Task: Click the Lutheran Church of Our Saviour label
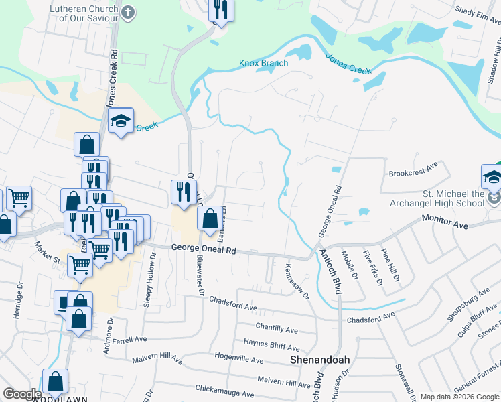coord(84,13)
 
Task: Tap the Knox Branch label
coord(264,64)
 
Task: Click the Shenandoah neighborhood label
coord(320,360)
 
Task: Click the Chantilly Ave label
coord(277,329)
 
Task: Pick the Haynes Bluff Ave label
coord(271,346)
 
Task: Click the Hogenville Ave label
coord(238,359)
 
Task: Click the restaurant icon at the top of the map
coord(220,10)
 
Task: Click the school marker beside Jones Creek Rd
coord(121,121)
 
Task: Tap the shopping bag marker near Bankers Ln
coord(210,218)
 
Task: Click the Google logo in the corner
coord(21,394)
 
